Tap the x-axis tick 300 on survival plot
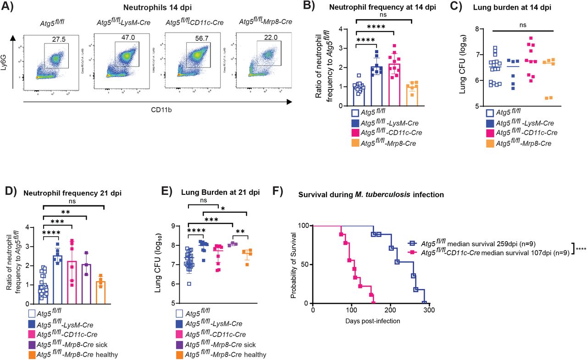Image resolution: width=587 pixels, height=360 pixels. [x=429, y=310]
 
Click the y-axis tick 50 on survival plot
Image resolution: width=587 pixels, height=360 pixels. [x=305, y=265]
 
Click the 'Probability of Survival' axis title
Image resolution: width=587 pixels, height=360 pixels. [x=294, y=265]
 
